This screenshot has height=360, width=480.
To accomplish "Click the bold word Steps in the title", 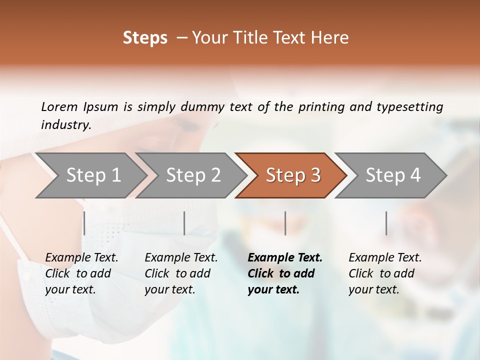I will (145, 38).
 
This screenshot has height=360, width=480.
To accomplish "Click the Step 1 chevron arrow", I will (93, 175).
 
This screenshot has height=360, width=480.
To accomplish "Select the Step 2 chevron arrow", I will (193, 175).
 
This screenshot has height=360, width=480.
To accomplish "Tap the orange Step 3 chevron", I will (292, 175).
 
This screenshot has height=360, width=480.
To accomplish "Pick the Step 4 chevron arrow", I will (392, 175).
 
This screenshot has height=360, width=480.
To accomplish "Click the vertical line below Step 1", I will (84, 223).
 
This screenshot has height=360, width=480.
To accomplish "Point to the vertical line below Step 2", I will (184, 223).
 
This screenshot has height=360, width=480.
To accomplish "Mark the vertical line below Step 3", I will (285, 223).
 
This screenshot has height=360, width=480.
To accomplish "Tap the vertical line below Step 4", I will (386, 223).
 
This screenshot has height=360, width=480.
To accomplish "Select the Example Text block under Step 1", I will (81, 273).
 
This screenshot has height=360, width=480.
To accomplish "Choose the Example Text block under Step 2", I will (181, 273).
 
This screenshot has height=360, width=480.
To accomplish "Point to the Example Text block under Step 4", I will (385, 273).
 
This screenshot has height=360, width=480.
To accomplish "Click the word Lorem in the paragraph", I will (59, 106).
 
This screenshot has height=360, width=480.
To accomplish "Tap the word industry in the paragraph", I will (65, 125).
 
